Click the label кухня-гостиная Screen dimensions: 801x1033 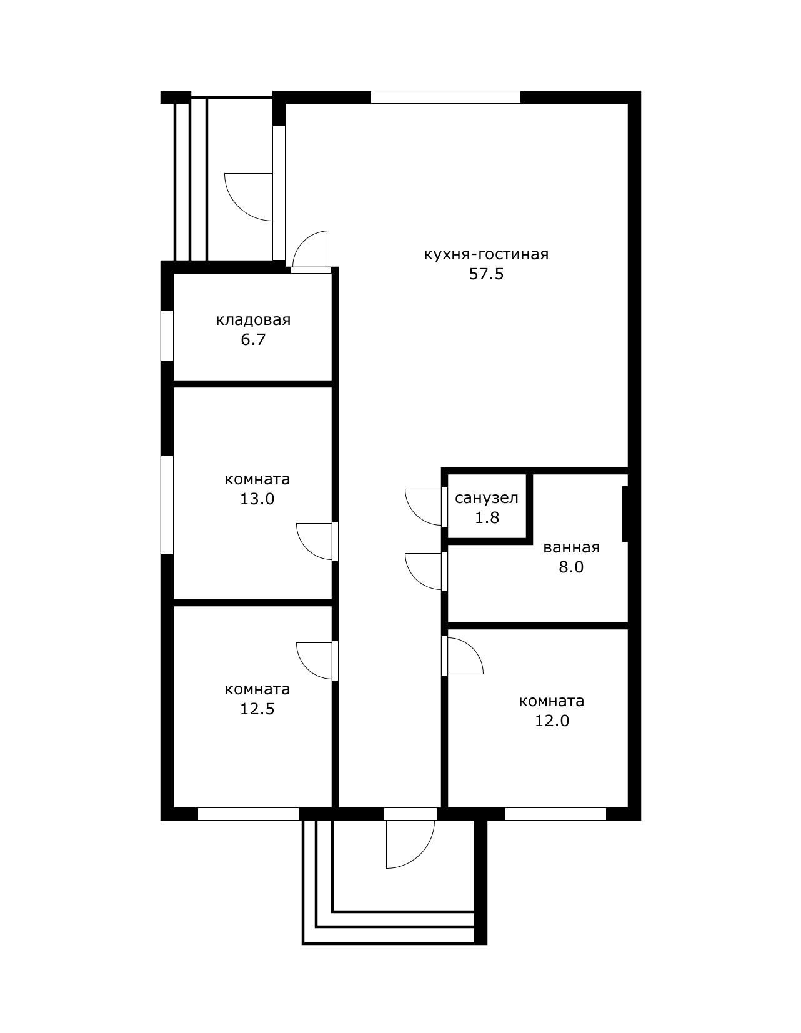(x=486, y=255)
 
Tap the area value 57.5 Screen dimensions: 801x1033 (x=486, y=274)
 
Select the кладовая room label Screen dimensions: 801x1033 (x=253, y=320)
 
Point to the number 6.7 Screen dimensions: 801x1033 (x=253, y=339)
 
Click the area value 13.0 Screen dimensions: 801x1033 (x=257, y=499)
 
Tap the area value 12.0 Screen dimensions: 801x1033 (x=552, y=721)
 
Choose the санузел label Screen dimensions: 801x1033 (x=487, y=498)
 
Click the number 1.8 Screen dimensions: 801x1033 (x=487, y=517)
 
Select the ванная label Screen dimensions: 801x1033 (x=571, y=547)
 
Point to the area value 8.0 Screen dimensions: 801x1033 (x=571, y=567)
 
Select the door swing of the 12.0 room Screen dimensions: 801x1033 (x=472, y=649)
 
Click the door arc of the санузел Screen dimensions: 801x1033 (x=415, y=515)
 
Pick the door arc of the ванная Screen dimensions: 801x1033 (x=415, y=579)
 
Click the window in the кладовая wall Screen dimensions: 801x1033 (x=167, y=336)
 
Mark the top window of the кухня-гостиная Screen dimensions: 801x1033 (x=445, y=97)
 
